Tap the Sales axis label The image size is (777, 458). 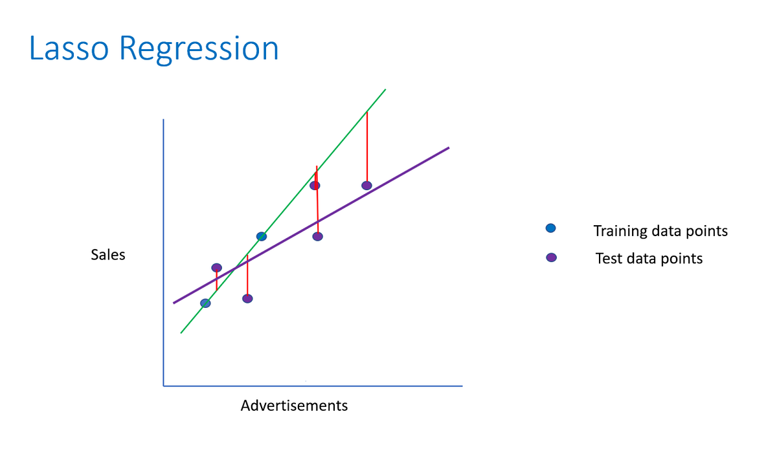[x=108, y=255]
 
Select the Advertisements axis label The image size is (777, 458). [x=294, y=406]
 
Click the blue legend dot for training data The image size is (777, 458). [x=550, y=228]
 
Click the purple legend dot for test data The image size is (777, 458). [x=551, y=257]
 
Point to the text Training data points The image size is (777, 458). [x=660, y=231]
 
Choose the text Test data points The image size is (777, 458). [x=649, y=259]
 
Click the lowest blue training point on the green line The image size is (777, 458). [x=205, y=303]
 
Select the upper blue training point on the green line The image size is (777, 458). [x=262, y=236]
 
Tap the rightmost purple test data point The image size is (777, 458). [x=366, y=186]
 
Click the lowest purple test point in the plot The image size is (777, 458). [x=247, y=298]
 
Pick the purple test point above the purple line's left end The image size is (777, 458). [x=216, y=267]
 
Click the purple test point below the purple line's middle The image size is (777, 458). [x=317, y=236]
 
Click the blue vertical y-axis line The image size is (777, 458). [x=164, y=252]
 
